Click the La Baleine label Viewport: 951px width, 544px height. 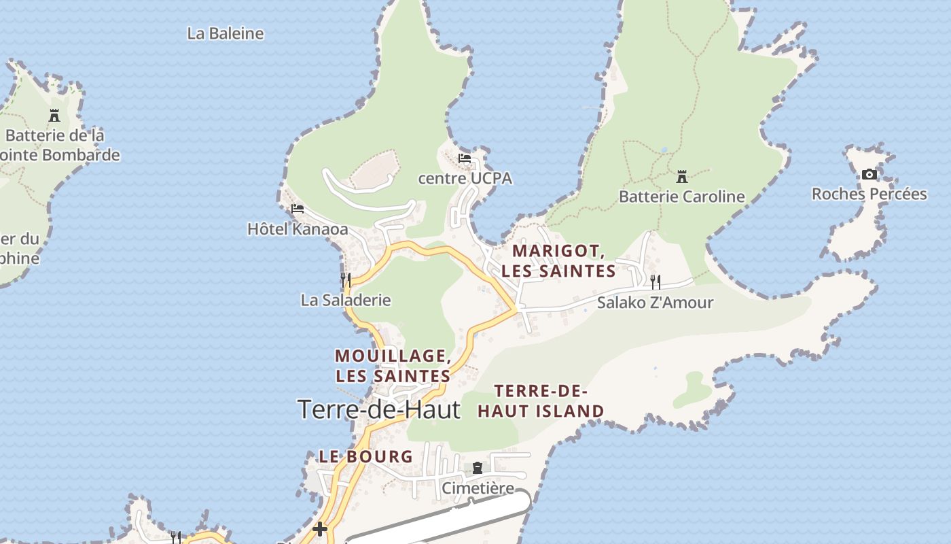coord(226,33)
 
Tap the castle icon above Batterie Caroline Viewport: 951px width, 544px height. coord(682,177)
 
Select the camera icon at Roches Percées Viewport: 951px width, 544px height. coord(869,174)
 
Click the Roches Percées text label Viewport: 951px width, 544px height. coord(869,194)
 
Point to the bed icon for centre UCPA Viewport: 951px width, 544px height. coord(465,158)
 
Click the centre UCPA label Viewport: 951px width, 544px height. coord(465,179)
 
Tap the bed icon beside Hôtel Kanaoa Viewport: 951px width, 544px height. coord(298,209)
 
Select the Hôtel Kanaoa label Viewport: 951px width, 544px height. coord(298,229)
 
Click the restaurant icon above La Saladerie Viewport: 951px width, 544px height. coord(346,279)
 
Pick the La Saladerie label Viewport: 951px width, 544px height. coord(346,300)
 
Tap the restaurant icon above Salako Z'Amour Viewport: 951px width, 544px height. coord(656,282)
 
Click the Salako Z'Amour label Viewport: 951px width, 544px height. coord(655,303)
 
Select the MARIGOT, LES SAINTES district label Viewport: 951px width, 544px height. coord(558,261)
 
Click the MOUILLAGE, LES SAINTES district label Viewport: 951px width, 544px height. coord(393,366)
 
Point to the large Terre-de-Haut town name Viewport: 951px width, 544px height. coord(379,409)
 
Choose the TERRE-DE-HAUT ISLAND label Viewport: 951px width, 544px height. coord(541,401)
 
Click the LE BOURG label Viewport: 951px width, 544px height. coord(366,456)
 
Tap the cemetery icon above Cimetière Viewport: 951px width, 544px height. coord(478,468)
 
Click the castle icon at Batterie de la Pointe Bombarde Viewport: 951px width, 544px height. coord(54,115)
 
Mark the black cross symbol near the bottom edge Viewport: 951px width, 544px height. coord(320,528)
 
